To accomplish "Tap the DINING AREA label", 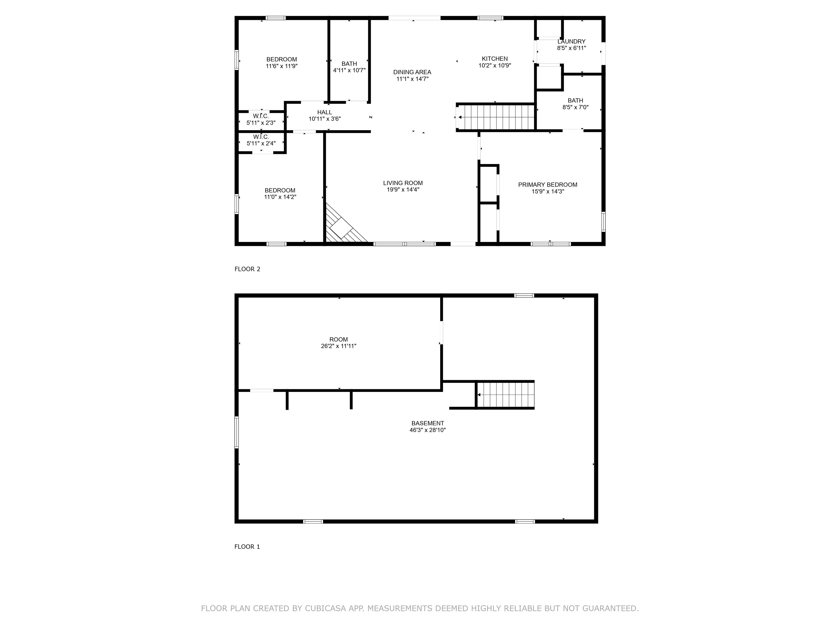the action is [x=412, y=72].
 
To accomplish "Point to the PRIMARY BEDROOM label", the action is [x=548, y=185].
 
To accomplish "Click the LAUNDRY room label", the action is [x=571, y=41].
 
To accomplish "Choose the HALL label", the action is [x=325, y=112].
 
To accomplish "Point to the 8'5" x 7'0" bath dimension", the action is [x=575, y=107].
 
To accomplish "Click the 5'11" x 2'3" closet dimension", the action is [x=261, y=123].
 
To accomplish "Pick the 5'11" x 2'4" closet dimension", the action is [x=261, y=144].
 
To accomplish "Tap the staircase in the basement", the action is [x=505, y=395].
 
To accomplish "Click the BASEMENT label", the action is [x=428, y=423].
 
